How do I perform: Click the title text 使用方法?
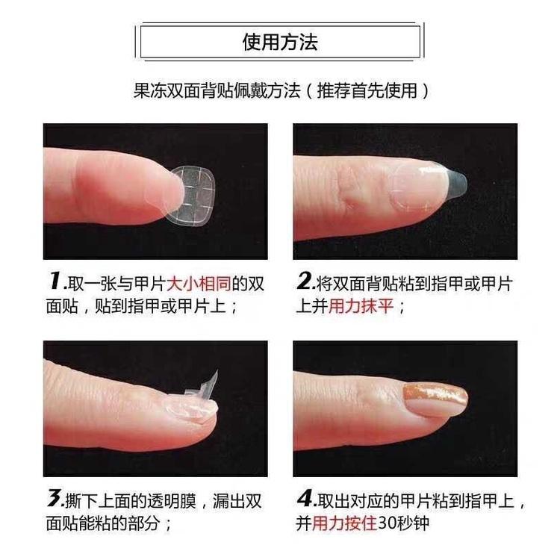click(x=280, y=42)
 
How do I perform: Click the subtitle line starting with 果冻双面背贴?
click(x=281, y=90)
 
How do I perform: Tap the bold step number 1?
click(x=55, y=281)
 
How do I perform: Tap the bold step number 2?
click(x=305, y=281)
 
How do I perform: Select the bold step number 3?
click(x=55, y=498)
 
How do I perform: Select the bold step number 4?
click(x=305, y=498)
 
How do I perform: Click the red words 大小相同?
click(x=199, y=284)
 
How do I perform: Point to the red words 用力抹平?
click(x=361, y=306)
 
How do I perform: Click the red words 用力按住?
click(x=344, y=523)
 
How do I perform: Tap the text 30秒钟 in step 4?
click(x=403, y=523)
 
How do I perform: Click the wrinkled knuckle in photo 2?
click(x=347, y=189)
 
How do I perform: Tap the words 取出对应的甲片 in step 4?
click(x=374, y=502)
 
